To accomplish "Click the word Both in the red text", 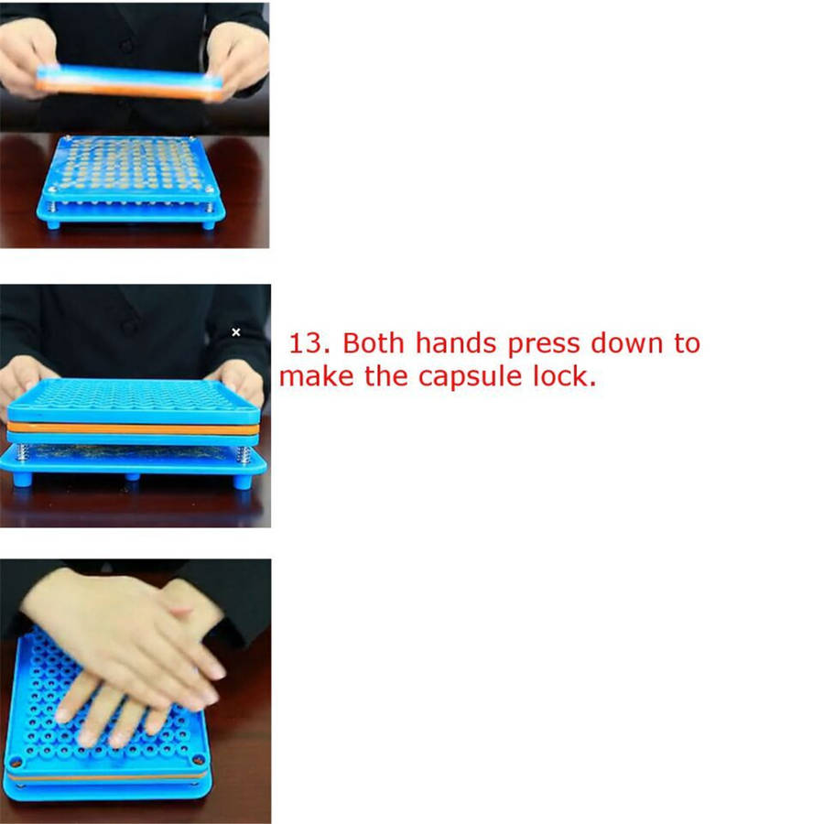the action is click(374, 343).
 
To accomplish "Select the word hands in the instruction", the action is click(456, 343).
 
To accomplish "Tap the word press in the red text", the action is click(543, 345).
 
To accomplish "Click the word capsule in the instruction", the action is click(470, 378).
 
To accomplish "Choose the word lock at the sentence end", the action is click(564, 375).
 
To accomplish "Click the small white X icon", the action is click(236, 332).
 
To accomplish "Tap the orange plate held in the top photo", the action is click(130, 91).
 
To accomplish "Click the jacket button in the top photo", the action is click(126, 47).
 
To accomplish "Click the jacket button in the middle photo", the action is click(129, 327).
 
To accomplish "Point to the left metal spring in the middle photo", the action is click(22, 452).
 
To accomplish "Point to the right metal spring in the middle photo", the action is click(243, 454).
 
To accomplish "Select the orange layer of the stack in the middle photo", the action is click(133, 428).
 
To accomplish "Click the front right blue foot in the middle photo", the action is click(242, 482).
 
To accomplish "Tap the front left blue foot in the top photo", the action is click(54, 225).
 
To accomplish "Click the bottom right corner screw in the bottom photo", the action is click(199, 759).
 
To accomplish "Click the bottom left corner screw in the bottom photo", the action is click(16, 762).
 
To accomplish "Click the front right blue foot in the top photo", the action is click(209, 225).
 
